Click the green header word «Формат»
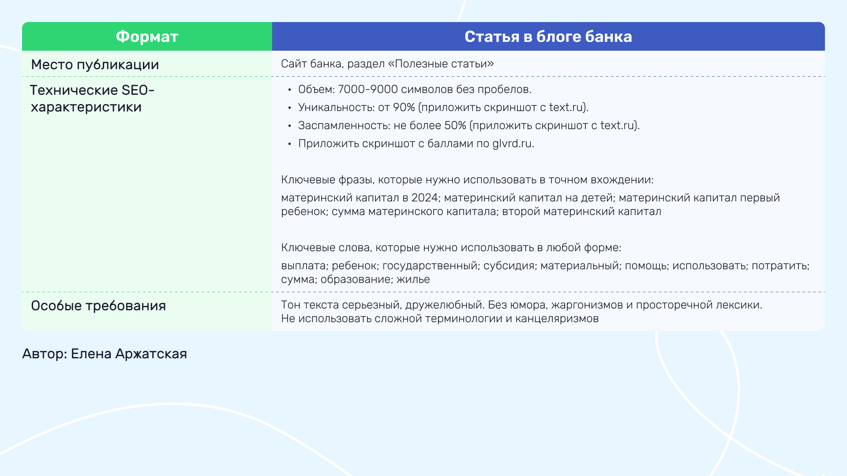147,37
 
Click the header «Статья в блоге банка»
548,37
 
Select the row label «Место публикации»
95,65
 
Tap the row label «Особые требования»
98,305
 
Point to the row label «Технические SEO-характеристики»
92,98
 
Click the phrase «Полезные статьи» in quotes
441,64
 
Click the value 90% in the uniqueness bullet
404,108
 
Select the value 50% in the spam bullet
455,126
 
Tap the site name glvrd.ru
513,144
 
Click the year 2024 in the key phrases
424,198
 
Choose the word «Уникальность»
337,108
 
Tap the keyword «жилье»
413,279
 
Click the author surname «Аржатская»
151,354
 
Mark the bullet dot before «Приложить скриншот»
289,144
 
